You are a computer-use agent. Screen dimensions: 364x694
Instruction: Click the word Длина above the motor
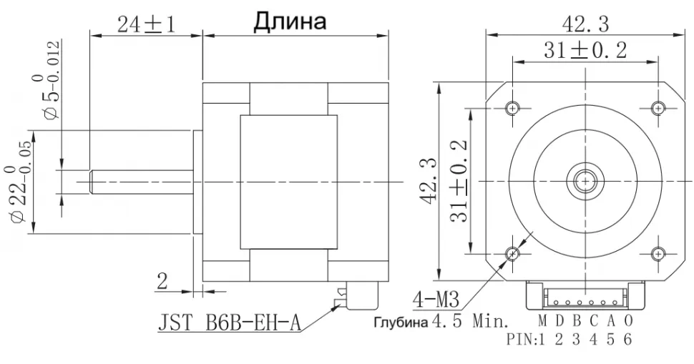click(290, 21)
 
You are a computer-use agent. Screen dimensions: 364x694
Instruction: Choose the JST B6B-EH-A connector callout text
click(229, 324)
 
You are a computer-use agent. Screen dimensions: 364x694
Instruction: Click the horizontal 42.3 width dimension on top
click(585, 24)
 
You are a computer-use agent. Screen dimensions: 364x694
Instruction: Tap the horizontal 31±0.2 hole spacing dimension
click(585, 51)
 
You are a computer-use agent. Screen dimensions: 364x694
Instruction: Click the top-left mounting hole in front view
click(513, 107)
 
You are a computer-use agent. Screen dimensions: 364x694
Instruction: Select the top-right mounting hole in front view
click(658, 107)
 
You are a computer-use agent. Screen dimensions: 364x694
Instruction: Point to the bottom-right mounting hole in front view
click(658, 253)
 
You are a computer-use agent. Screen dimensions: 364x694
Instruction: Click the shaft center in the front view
click(585, 180)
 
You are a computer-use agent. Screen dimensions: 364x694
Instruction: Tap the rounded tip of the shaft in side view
click(92, 180)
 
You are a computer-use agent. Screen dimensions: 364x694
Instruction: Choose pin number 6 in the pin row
click(627, 339)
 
